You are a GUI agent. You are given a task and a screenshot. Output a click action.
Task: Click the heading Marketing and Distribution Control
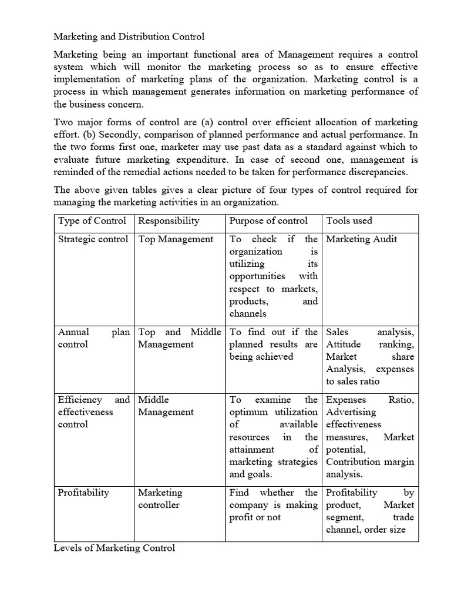point(129,36)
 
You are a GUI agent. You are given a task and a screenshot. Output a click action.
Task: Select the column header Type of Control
point(92,221)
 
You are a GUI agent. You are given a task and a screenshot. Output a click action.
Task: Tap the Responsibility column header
point(169,221)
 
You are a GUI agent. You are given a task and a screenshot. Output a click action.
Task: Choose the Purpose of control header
point(268,221)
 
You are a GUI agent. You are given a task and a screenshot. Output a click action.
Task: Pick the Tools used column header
point(349,221)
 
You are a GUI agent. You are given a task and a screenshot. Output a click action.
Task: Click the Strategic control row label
point(93,239)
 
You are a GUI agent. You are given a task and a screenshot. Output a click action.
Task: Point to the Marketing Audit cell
point(361,239)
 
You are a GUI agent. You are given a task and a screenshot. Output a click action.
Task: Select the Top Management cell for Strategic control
point(176,239)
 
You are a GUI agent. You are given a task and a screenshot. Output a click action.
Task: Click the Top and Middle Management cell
point(179,338)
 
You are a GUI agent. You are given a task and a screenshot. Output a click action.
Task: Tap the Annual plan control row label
point(93,338)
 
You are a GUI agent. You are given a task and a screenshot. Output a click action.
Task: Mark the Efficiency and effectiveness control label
point(93,412)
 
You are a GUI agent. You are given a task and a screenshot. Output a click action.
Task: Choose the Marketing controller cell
point(160,499)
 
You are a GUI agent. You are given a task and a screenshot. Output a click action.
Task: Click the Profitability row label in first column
point(83,493)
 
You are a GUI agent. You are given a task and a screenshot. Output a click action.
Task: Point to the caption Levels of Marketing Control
point(115,548)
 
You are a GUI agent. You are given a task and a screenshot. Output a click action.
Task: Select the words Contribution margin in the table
point(370,461)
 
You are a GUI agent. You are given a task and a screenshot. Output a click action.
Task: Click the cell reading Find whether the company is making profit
point(273,504)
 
